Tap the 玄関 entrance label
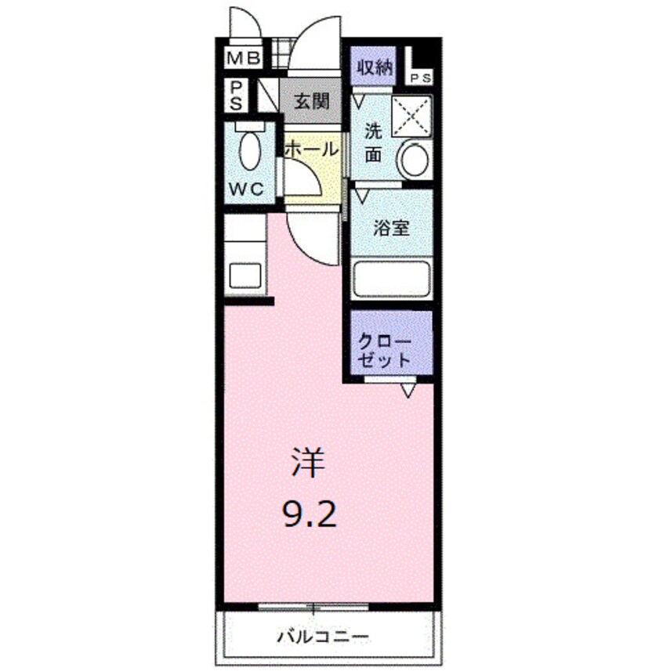(x=311, y=101)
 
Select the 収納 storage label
(x=375, y=67)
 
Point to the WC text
(x=248, y=189)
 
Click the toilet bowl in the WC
(x=250, y=150)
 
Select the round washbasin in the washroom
(x=413, y=159)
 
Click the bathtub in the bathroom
(x=391, y=280)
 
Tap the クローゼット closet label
(x=385, y=351)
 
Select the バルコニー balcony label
(x=322, y=635)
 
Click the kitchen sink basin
(x=245, y=278)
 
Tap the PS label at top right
(x=419, y=77)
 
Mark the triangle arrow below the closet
(x=407, y=389)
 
